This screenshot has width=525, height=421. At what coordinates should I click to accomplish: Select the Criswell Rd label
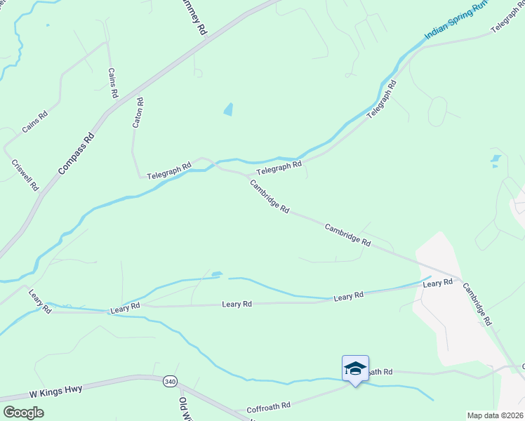click(25, 175)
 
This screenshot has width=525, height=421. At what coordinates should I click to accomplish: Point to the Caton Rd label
click(138, 112)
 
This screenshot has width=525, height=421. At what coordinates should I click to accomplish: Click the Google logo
click(24, 412)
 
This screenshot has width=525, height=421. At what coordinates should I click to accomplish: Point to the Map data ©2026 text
click(495, 415)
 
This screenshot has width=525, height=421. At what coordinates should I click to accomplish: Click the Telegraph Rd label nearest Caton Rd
click(169, 170)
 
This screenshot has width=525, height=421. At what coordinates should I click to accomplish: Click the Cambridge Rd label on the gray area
click(479, 303)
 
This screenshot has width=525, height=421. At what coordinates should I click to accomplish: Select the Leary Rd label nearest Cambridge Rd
click(437, 283)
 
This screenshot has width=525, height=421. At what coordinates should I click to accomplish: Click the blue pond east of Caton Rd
click(228, 109)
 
